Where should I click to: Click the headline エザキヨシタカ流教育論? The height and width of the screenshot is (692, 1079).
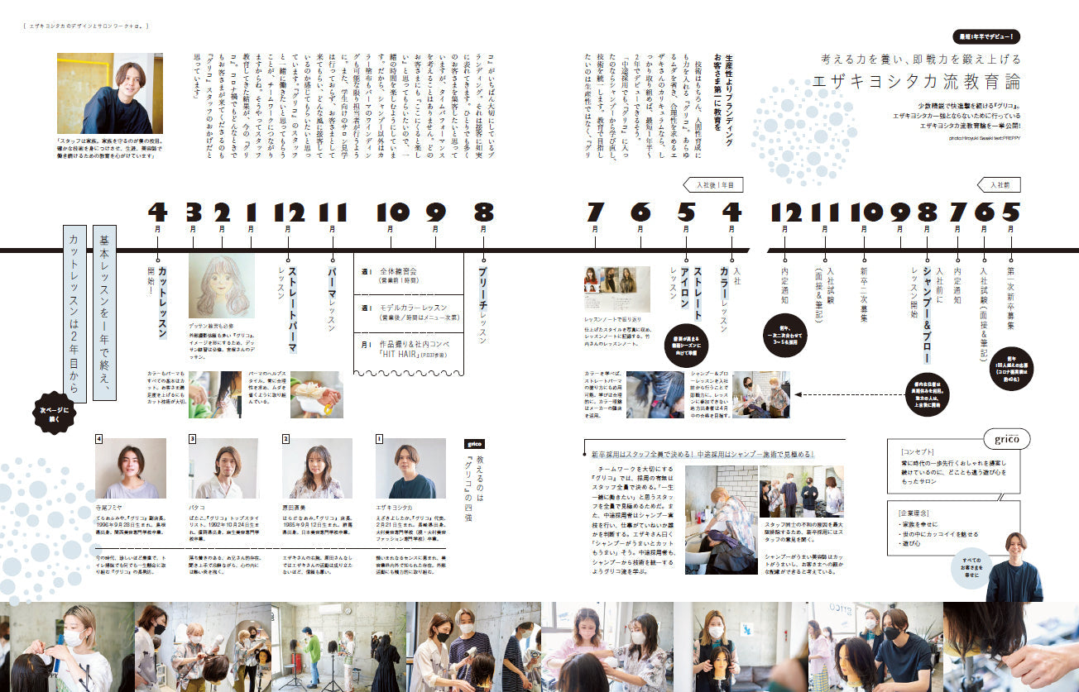(x=917, y=82)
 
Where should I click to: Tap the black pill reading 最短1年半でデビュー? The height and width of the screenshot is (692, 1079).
(x=986, y=37)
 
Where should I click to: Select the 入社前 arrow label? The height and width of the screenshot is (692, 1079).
(x=1000, y=185)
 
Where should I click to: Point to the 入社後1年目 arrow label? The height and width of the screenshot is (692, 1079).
(x=712, y=185)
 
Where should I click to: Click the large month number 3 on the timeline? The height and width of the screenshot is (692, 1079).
(x=193, y=213)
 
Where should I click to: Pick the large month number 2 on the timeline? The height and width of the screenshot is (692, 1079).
(x=221, y=213)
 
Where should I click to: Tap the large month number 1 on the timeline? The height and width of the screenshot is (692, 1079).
(x=251, y=213)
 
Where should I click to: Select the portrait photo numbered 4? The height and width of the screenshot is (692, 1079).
(x=131, y=468)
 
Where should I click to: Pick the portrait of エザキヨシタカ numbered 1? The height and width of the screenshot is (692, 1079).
(x=410, y=468)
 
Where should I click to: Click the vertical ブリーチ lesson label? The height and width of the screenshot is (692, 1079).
(x=483, y=302)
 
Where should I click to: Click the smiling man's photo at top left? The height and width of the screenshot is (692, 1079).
(x=103, y=93)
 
